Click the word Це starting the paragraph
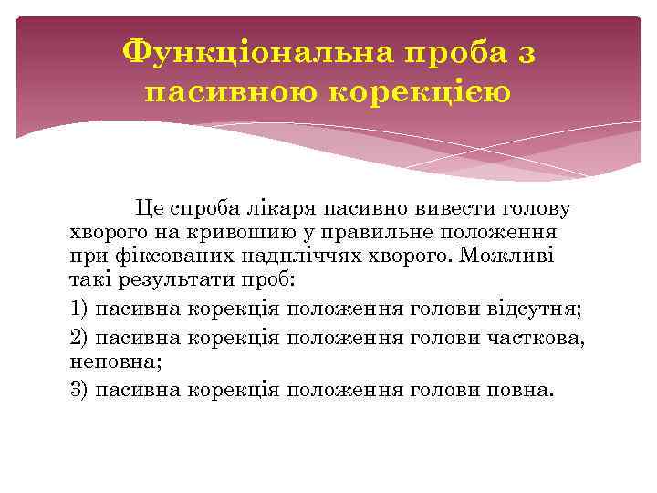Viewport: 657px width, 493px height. [x=148, y=209]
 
